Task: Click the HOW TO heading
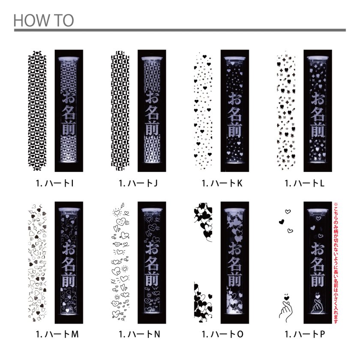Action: (x=44, y=20)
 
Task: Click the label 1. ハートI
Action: (x=55, y=183)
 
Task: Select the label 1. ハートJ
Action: (x=138, y=183)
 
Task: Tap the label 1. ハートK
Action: (x=222, y=183)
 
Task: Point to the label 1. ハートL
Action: (x=305, y=183)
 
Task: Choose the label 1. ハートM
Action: (x=57, y=334)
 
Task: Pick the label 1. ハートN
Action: (x=139, y=334)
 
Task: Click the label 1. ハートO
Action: (x=222, y=334)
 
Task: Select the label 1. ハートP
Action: (x=305, y=334)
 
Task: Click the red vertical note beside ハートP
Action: (x=336, y=263)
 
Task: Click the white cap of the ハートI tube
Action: (x=69, y=59)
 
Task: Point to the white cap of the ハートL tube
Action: (x=318, y=59)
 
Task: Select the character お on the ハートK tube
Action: (x=235, y=99)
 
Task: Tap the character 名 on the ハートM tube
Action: (x=69, y=264)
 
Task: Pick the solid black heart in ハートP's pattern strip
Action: (x=282, y=222)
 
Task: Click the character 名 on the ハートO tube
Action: (x=235, y=264)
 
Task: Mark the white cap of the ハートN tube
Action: (x=152, y=211)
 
